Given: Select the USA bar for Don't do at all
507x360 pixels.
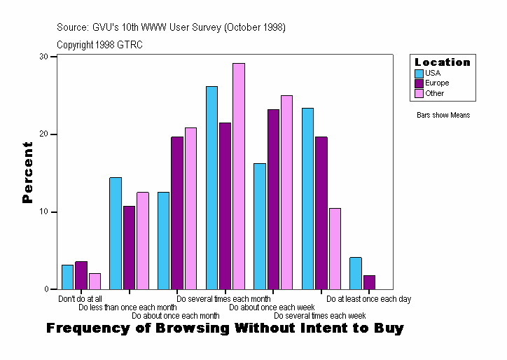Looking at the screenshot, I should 67,277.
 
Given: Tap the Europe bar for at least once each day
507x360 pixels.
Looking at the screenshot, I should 369,282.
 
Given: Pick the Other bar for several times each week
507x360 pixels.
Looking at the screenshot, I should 335,249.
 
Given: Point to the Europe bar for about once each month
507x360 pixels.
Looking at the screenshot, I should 177,213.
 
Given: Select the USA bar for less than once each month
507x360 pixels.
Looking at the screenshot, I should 116,233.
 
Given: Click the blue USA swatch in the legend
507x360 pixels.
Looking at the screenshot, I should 419,74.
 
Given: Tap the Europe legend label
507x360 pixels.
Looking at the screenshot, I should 437,83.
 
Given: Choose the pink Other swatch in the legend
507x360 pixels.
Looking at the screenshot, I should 419,93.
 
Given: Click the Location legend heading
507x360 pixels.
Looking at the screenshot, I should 443,62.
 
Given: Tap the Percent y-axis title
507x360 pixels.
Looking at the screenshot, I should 27,172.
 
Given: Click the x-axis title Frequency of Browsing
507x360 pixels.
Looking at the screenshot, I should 225,328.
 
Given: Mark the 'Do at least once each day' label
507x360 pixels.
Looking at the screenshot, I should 368,299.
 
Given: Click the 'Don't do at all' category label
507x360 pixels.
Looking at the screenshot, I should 80,299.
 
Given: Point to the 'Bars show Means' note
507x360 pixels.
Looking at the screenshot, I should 443,115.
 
